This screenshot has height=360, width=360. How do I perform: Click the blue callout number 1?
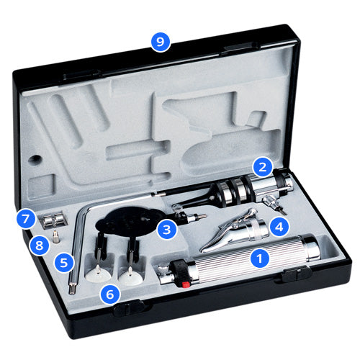260,258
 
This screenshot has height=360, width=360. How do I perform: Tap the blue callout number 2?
263,166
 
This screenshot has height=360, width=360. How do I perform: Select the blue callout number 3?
166,230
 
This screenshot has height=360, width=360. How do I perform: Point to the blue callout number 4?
279,227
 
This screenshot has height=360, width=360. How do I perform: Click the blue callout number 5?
63,263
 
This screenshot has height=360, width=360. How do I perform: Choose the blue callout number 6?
110,294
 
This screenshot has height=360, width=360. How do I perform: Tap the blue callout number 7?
25,219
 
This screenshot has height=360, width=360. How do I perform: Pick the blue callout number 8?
39,246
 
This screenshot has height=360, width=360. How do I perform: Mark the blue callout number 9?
161,42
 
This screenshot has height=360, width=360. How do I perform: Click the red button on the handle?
186,284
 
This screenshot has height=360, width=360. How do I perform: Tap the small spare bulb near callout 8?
56,237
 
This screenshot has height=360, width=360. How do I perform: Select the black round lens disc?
127,220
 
